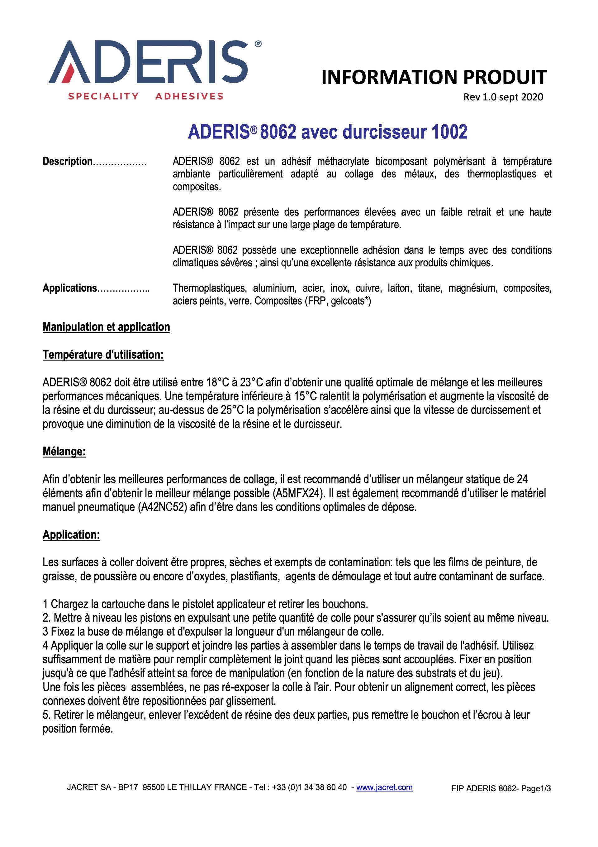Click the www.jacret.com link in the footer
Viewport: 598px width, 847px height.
(x=384, y=787)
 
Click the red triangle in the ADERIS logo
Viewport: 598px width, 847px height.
(x=72, y=74)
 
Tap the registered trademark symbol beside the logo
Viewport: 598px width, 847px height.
(x=258, y=44)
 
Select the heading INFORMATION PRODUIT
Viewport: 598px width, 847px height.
(x=434, y=77)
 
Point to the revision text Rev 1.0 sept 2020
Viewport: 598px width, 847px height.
(x=503, y=97)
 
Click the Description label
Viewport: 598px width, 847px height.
(x=67, y=161)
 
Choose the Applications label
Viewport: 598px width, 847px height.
(x=70, y=288)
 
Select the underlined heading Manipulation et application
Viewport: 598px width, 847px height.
(x=107, y=327)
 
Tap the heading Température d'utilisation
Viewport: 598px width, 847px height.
(x=103, y=355)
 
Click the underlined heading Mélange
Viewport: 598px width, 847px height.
(x=64, y=452)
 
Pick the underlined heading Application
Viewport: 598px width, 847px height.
(x=71, y=535)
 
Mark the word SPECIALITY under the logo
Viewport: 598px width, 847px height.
(x=103, y=96)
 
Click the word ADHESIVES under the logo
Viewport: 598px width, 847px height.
(x=189, y=96)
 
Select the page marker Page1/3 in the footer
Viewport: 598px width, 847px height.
(x=536, y=788)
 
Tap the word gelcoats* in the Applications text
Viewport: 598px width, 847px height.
(x=348, y=301)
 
